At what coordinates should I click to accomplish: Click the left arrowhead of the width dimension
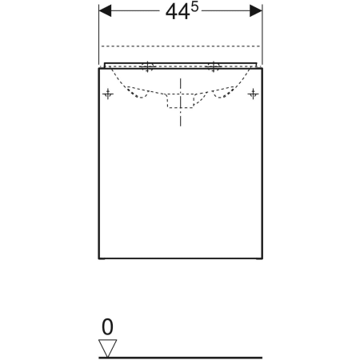pos(105,11)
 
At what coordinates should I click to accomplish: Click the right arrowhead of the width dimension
pos(256,11)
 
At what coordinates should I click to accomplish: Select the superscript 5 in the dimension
pos(195,7)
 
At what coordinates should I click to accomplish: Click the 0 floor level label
pos(107,327)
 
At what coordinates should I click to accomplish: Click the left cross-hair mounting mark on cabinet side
pos(108,94)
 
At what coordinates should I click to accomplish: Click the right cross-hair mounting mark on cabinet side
pos(253,94)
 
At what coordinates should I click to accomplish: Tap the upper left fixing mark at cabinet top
pos(147,66)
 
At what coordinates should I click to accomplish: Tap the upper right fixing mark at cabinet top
pos(213,66)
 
